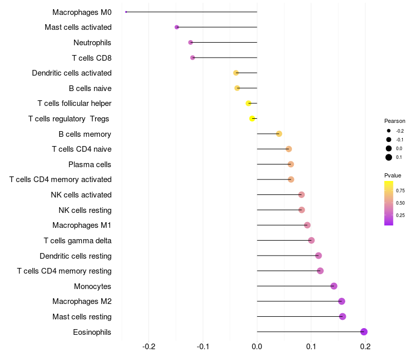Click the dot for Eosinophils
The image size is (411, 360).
click(364, 332)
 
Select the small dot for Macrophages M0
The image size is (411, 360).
click(126, 12)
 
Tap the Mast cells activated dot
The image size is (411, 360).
click(177, 27)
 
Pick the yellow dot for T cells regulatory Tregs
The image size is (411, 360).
click(252, 119)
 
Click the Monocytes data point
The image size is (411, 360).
click(334, 286)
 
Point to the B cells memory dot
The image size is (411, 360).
click(279, 134)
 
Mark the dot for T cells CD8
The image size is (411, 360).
click(193, 58)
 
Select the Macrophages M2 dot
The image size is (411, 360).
click(342, 301)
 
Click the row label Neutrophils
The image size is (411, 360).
click(92, 42)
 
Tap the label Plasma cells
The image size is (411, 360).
click(90, 165)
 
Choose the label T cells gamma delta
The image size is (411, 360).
click(78, 240)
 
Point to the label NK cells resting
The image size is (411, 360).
click(85, 210)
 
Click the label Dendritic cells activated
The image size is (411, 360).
click(71, 73)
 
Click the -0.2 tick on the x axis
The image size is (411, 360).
click(149, 346)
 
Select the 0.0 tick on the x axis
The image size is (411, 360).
click(257, 346)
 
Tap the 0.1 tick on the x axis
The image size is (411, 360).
click(311, 346)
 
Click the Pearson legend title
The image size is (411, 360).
click(395, 121)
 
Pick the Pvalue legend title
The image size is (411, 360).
click(393, 175)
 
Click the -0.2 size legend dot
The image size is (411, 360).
click(389, 131)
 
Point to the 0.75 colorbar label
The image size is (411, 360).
click(400, 190)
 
